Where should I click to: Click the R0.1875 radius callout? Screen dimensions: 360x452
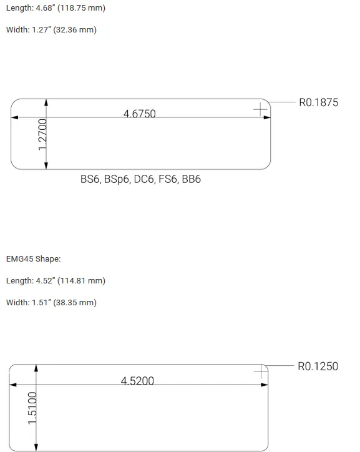coord(319,102)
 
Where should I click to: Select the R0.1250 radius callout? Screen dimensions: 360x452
coord(318,366)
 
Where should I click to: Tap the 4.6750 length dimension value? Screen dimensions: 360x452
coord(139,114)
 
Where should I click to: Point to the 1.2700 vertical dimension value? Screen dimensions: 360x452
coord(42,134)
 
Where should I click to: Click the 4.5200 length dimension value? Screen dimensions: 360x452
coord(137,381)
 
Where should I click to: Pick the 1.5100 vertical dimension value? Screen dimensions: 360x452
coord(32,408)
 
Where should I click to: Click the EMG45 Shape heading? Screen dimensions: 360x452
coord(34,259)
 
